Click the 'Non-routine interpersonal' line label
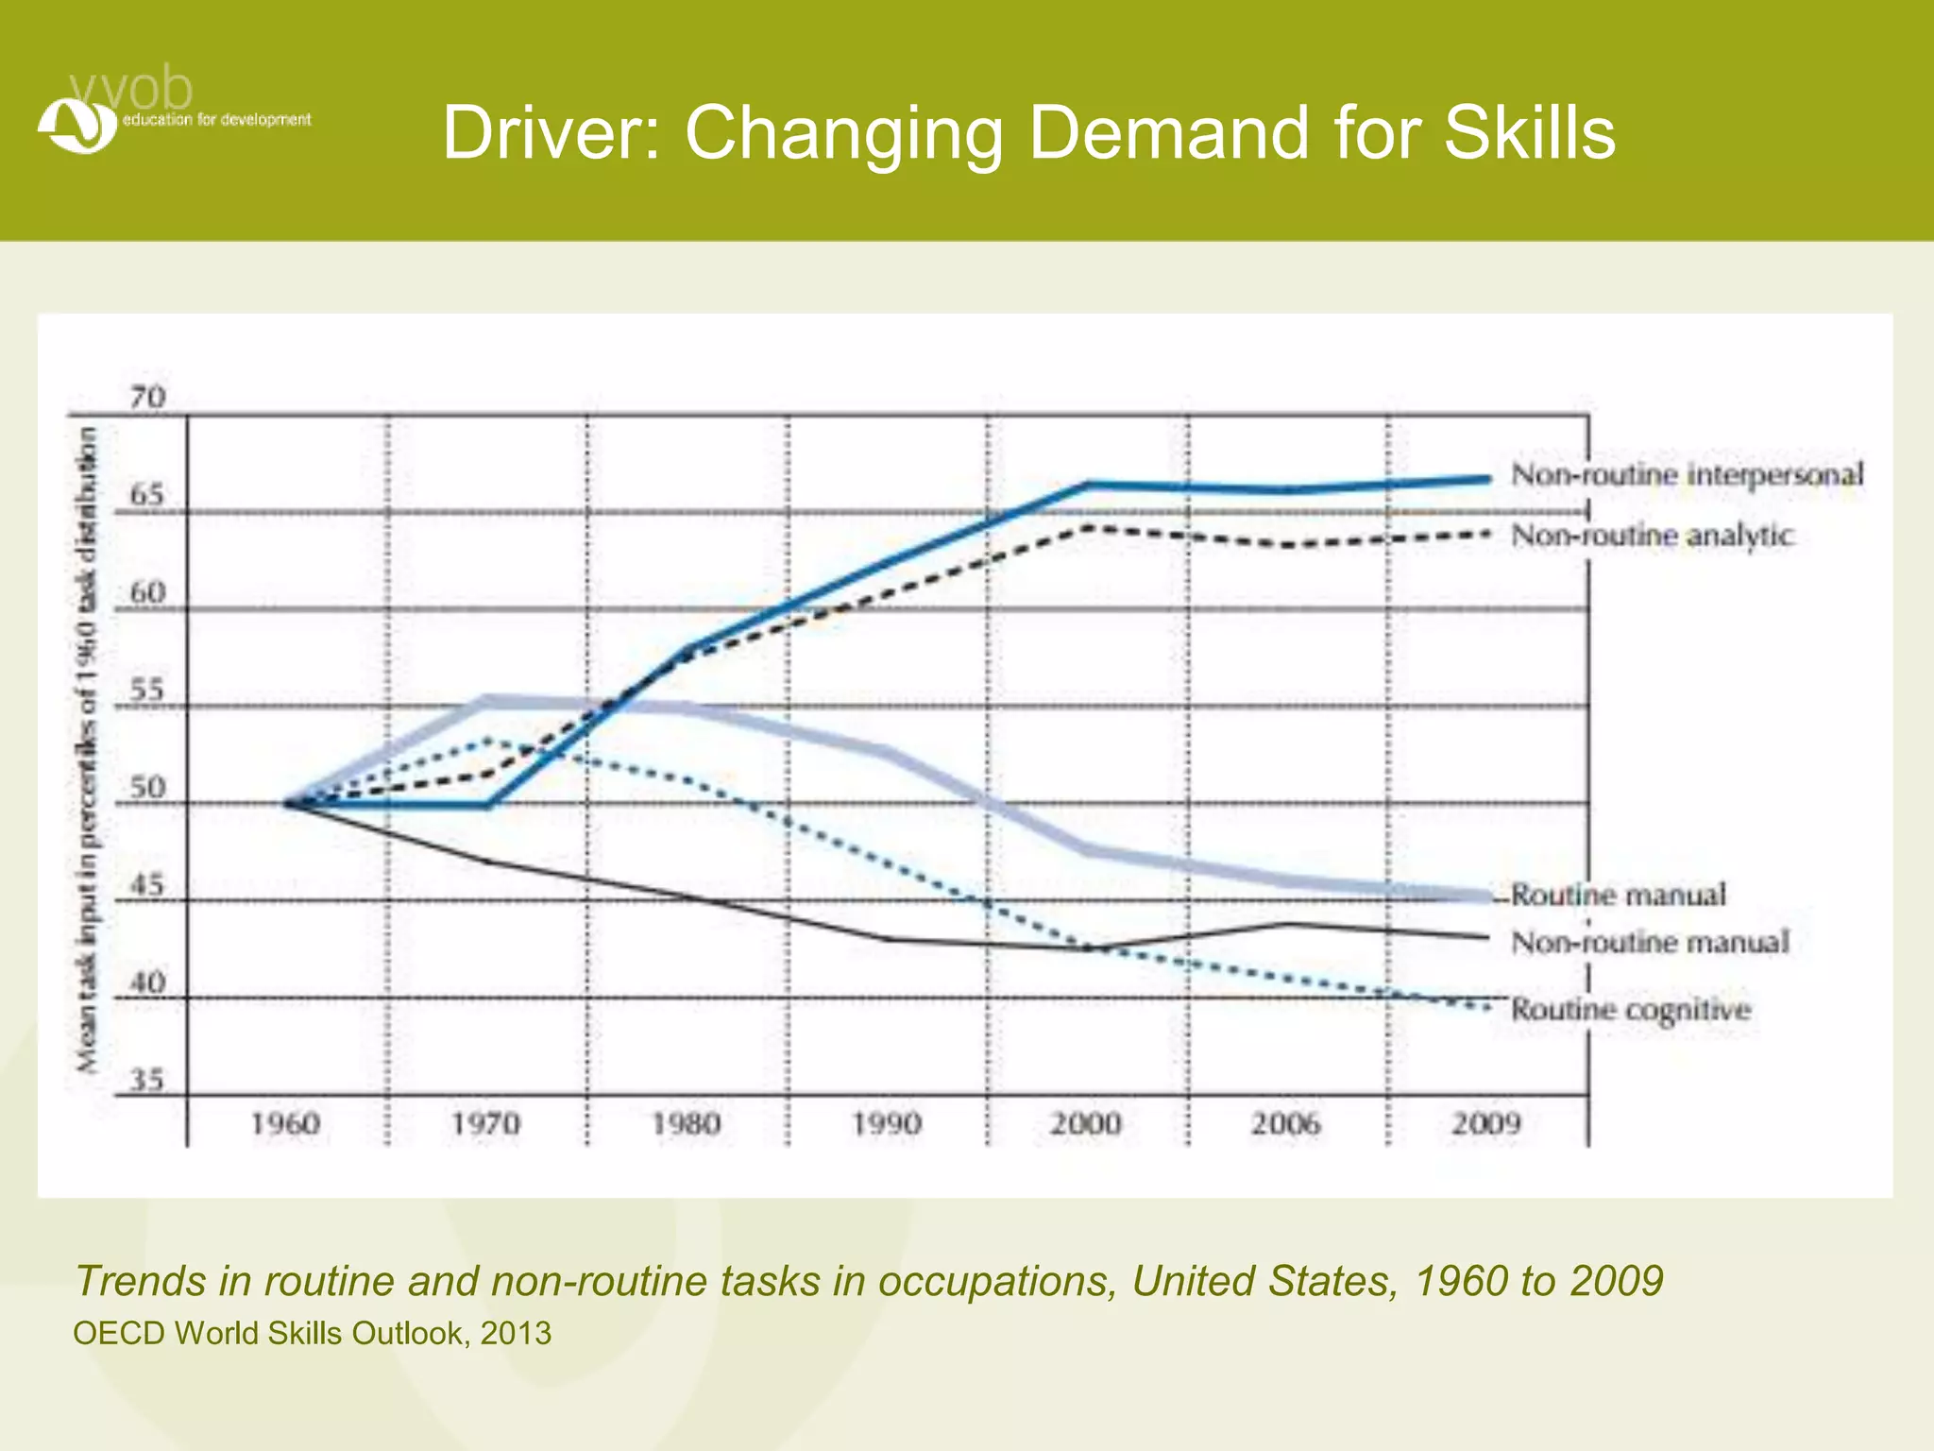(1687, 474)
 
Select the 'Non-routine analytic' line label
(1652, 536)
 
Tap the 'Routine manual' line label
(1619, 895)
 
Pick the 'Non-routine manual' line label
(1650, 942)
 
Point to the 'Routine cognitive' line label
(1631, 1010)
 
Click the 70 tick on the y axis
(147, 398)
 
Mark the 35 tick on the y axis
(147, 1080)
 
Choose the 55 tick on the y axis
(147, 691)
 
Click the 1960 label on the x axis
(285, 1124)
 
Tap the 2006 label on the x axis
(1286, 1124)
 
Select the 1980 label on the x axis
(687, 1124)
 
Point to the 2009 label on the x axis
(1486, 1124)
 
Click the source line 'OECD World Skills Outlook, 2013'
(313, 1333)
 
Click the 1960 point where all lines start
(287, 804)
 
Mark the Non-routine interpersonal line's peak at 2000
(1089, 485)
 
